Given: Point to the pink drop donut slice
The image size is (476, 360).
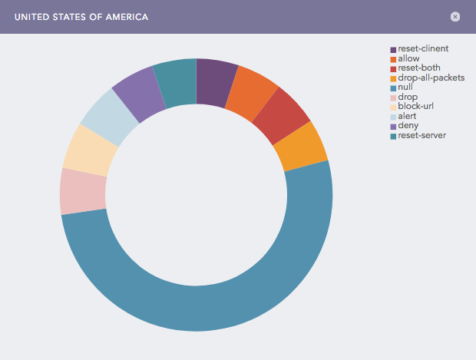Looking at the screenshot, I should click(83, 192).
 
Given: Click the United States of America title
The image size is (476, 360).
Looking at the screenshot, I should click(81, 16).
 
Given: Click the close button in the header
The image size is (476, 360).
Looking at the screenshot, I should click(455, 16).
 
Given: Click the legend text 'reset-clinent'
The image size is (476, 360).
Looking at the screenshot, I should click(423, 49).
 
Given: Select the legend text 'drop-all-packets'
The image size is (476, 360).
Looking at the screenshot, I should click(431, 78).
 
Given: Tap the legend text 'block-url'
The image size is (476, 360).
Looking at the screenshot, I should click(417, 107).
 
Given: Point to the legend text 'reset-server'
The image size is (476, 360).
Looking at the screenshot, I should click(421, 136).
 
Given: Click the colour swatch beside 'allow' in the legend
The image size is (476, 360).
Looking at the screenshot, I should click(393, 59).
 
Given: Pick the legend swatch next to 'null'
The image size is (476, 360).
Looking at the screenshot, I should click(393, 88).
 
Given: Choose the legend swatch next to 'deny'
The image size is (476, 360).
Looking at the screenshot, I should click(393, 126).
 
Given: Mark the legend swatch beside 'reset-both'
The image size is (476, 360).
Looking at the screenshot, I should click(393, 68).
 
